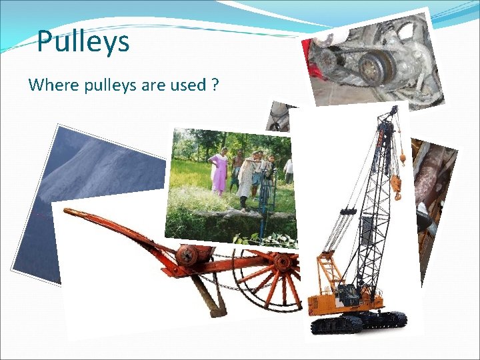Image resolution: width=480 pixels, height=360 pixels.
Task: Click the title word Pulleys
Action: pyautogui.click(x=83, y=42)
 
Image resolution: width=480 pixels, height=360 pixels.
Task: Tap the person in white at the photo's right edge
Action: pyautogui.click(x=288, y=171)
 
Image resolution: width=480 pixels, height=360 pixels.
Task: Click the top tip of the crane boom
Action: pyautogui.click(x=395, y=107)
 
